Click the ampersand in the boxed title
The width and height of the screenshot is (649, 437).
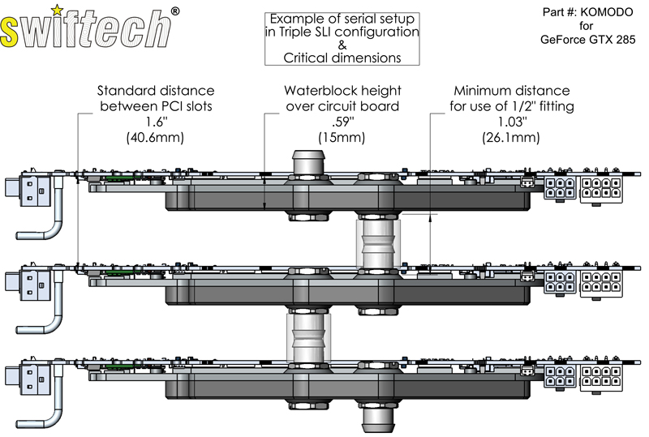(342, 45)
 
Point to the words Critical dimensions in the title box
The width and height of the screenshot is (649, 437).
(342, 58)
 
